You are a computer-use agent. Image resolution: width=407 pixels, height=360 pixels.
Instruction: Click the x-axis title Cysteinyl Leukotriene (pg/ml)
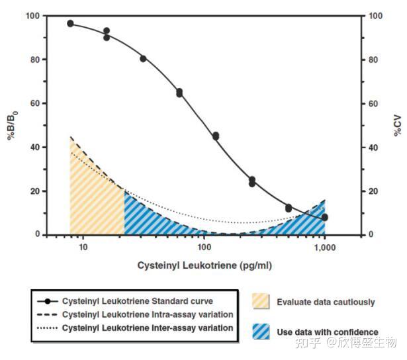(204, 265)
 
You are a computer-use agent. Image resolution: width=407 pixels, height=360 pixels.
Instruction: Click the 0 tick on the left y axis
(34, 235)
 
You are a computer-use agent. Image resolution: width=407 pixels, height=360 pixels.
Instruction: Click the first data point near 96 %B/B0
(71, 24)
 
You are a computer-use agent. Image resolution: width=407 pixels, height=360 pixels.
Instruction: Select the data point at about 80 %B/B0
(143, 59)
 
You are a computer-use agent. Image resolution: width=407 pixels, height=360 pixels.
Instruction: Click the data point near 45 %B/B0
(215, 136)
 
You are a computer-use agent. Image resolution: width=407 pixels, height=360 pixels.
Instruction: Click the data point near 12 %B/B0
(289, 208)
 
